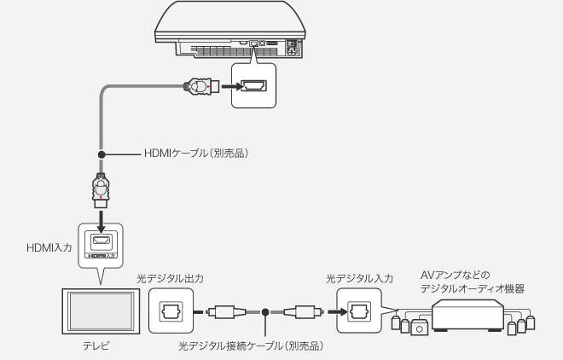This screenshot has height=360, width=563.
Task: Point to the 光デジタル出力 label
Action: (x=170, y=278)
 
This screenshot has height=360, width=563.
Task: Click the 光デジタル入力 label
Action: (x=359, y=278)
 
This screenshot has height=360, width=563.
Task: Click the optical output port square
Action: (x=170, y=312)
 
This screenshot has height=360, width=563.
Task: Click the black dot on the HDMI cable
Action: (x=101, y=154)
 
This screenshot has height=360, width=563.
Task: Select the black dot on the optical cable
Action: (x=266, y=312)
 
